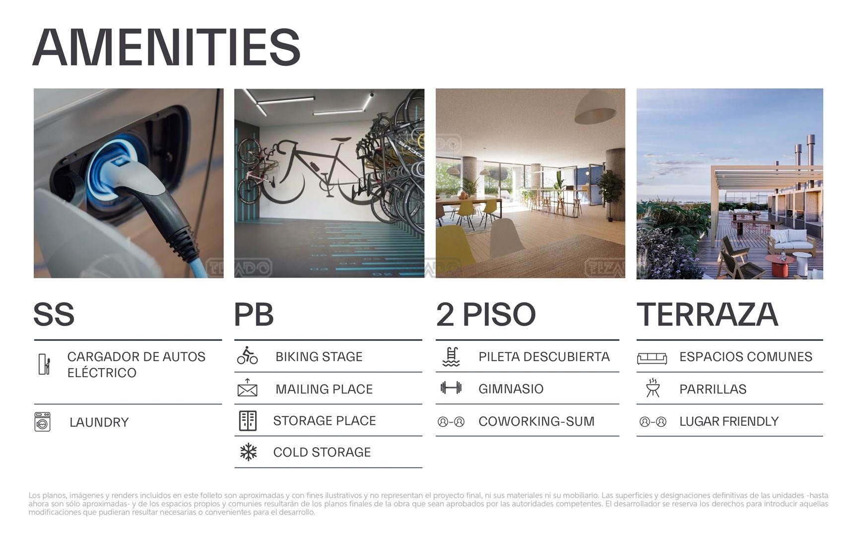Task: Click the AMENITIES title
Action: click(167, 47)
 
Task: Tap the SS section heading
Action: click(54, 314)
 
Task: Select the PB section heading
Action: click(254, 314)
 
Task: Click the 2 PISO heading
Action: click(486, 314)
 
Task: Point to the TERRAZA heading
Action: click(707, 314)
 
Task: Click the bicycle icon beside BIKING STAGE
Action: click(247, 356)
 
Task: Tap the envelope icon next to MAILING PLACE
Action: click(247, 388)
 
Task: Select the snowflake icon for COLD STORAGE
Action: click(248, 452)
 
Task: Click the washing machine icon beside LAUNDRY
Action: click(43, 422)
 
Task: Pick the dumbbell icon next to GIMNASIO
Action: click(451, 388)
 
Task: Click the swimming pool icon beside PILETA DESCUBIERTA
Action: click(451, 357)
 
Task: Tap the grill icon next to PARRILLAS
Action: click(653, 388)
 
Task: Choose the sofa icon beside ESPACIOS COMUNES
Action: click(652, 358)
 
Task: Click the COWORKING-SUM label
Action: click(536, 421)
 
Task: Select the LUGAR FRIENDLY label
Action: click(729, 421)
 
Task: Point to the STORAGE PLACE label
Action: click(325, 421)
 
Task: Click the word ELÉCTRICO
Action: click(102, 372)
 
